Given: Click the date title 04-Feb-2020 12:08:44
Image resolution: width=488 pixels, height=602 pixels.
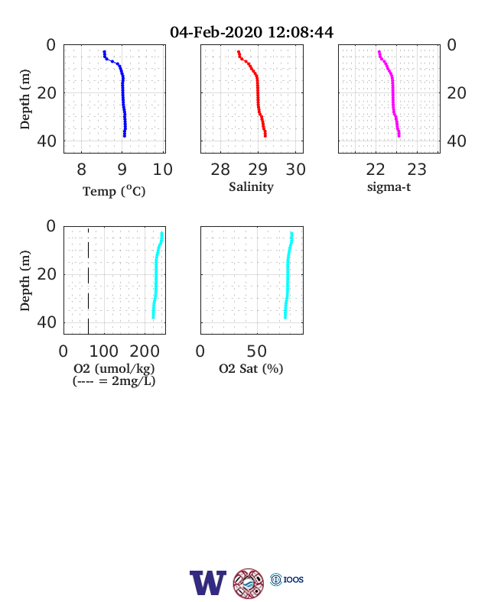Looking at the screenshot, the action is pos(252,32).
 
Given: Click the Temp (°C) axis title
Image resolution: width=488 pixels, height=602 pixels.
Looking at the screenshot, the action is pos(114,191).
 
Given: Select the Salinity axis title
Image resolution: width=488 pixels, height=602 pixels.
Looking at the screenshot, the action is pos(252,187).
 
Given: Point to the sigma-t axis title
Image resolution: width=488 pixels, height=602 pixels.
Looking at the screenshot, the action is pos(389,187).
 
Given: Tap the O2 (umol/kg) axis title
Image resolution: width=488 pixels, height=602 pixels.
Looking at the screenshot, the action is pos(114,368).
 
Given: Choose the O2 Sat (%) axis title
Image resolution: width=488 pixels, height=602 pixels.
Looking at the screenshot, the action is pos(251,368).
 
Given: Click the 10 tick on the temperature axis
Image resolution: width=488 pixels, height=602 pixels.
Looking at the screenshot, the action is pos(162,170).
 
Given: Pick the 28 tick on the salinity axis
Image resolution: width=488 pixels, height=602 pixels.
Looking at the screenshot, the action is pos(220,170).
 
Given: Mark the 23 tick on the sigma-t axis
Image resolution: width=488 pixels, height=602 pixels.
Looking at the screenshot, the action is pos(417,170).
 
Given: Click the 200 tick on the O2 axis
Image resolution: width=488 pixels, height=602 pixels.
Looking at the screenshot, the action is pos(145,351).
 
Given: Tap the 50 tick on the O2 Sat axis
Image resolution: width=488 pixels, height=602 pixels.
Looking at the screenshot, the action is pos(257,351).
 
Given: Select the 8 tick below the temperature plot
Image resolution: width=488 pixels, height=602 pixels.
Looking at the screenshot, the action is pos(82,170).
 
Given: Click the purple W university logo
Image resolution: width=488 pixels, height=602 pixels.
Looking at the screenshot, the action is pos(208,583).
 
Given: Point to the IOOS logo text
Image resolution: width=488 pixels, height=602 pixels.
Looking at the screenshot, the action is pos(294,579).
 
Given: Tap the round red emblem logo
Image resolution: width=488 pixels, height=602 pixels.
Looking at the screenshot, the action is pos(249,583).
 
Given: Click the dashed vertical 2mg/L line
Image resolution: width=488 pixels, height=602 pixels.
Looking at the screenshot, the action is pos(89,280).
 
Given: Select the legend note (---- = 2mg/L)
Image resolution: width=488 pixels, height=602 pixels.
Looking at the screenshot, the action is pos(114,381).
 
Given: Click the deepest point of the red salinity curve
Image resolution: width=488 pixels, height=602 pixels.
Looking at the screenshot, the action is pos(265,135).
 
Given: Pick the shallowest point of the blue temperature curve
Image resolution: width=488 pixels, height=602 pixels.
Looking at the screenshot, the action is pos(104,52).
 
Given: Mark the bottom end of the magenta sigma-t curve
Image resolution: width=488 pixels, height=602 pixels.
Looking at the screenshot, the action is pos(399,135).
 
